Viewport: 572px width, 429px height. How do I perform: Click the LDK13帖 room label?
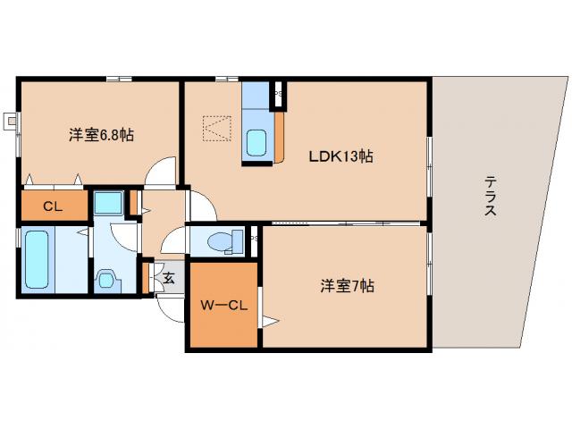[x=341, y=156]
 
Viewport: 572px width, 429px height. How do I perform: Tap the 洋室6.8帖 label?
[x=102, y=135]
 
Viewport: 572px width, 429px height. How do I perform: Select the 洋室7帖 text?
[x=348, y=287]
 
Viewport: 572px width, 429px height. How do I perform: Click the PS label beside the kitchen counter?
[x=278, y=91]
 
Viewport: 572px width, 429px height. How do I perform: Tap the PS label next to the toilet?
[x=254, y=240]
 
